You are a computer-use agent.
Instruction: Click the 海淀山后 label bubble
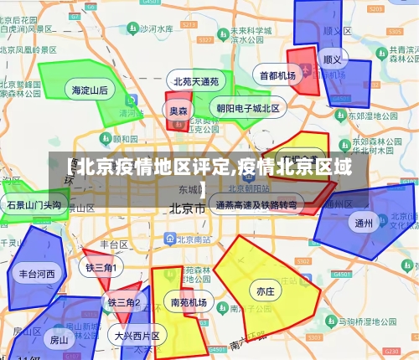(90, 90)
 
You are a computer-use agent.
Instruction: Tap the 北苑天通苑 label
(196, 82)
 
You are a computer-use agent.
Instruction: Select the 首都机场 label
(277, 75)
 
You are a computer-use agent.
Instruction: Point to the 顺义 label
(333, 60)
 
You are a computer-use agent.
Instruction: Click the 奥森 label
(178, 111)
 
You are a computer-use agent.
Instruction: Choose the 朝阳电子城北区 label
(248, 108)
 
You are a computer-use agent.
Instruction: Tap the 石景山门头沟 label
(34, 204)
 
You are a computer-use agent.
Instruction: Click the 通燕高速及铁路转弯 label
(256, 204)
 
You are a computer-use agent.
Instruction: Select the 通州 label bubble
(364, 223)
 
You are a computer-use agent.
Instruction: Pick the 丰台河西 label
(37, 273)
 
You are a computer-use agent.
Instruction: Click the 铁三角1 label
(101, 267)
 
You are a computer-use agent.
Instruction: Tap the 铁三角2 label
(123, 301)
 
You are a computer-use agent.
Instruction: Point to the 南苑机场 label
(188, 302)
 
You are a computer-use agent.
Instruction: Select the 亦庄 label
(266, 291)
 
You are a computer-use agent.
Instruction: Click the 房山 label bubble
(59, 340)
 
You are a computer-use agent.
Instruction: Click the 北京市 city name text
(188, 208)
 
